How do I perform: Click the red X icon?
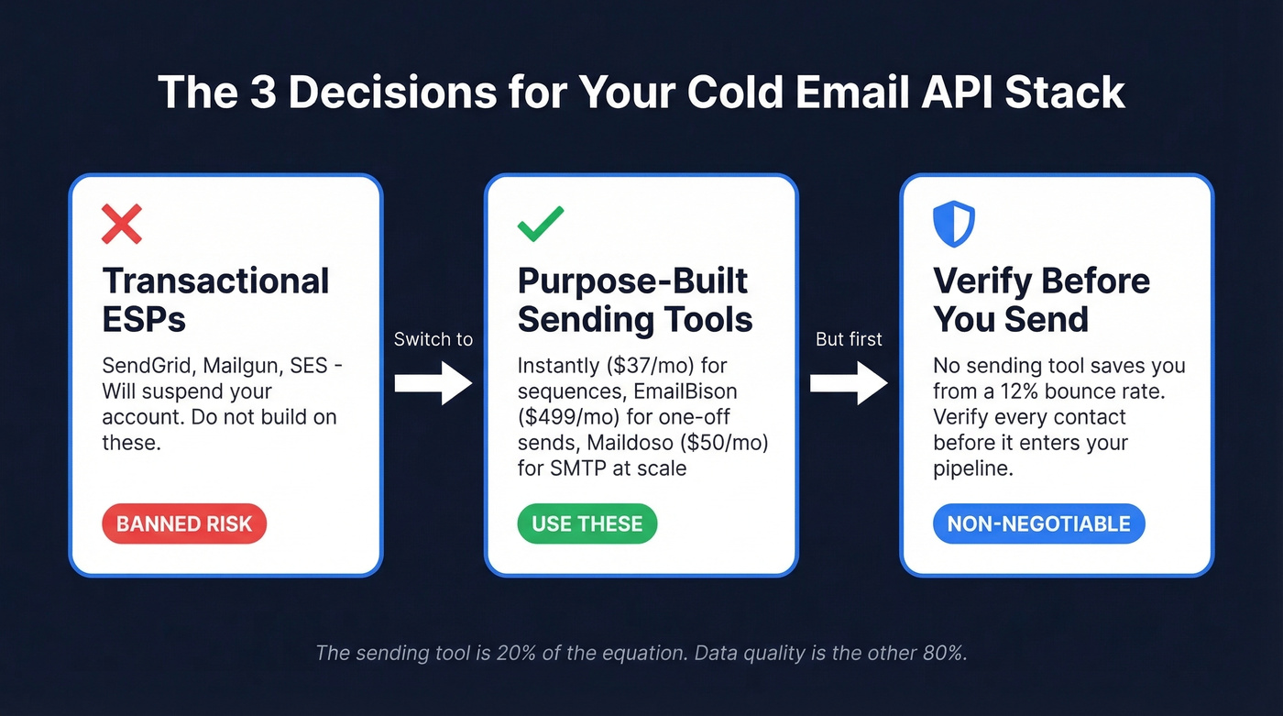(x=122, y=224)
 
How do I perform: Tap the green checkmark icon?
(x=541, y=224)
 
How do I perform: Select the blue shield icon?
(x=953, y=224)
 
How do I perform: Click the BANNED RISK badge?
(x=183, y=524)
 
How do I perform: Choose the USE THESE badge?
(x=587, y=524)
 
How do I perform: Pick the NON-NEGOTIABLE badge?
(x=1038, y=524)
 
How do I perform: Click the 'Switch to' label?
(x=433, y=339)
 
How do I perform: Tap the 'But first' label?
(x=849, y=339)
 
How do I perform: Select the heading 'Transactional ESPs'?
(x=215, y=300)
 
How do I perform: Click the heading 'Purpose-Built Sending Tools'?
(x=634, y=300)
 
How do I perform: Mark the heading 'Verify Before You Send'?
(x=1041, y=300)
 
